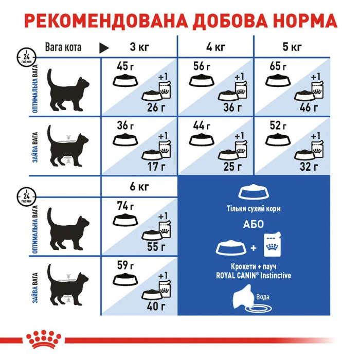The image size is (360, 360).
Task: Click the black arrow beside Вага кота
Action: pyautogui.click(x=104, y=48)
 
